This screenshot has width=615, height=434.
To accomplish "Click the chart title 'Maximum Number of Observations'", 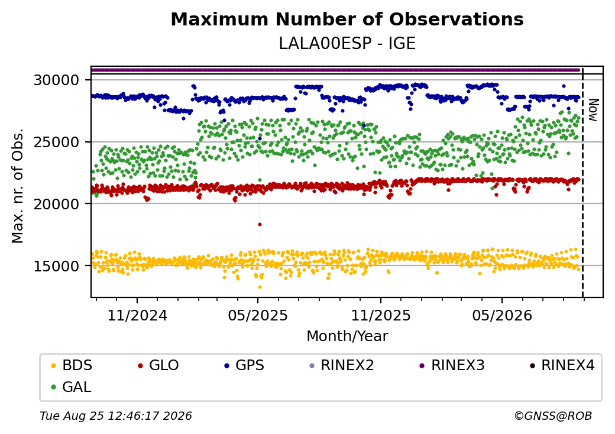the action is pyautogui.click(x=347, y=19).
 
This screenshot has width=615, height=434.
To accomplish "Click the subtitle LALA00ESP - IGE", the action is pyautogui.click(x=347, y=44).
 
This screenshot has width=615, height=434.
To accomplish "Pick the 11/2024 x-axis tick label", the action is pyautogui.click(x=137, y=315).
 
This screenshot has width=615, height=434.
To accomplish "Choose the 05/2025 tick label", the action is pyautogui.click(x=258, y=315).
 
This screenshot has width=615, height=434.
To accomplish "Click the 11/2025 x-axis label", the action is pyautogui.click(x=380, y=315).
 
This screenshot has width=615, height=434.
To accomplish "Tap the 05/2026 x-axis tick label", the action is pyautogui.click(x=502, y=315).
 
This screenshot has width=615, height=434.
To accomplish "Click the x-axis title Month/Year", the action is pyautogui.click(x=347, y=336).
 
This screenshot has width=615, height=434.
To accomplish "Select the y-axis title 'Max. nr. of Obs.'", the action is pyautogui.click(x=18, y=186).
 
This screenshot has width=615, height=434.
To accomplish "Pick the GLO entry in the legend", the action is pyautogui.click(x=158, y=365).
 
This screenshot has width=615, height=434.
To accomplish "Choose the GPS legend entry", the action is pyautogui.click(x=244, y=365).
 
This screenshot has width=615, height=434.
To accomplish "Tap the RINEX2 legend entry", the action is pyautogui.click(x=342, y=365).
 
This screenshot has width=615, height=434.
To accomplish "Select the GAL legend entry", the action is pyautogui.click(x=72, y=387).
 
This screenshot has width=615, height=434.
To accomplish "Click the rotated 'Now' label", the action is pyautogui.click(x=594, y=110).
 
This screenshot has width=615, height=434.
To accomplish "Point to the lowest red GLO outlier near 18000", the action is pyautogui.click(x=260, y=225).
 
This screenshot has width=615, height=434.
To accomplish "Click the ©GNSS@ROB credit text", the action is pyautogui.click(x=553, y=416).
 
